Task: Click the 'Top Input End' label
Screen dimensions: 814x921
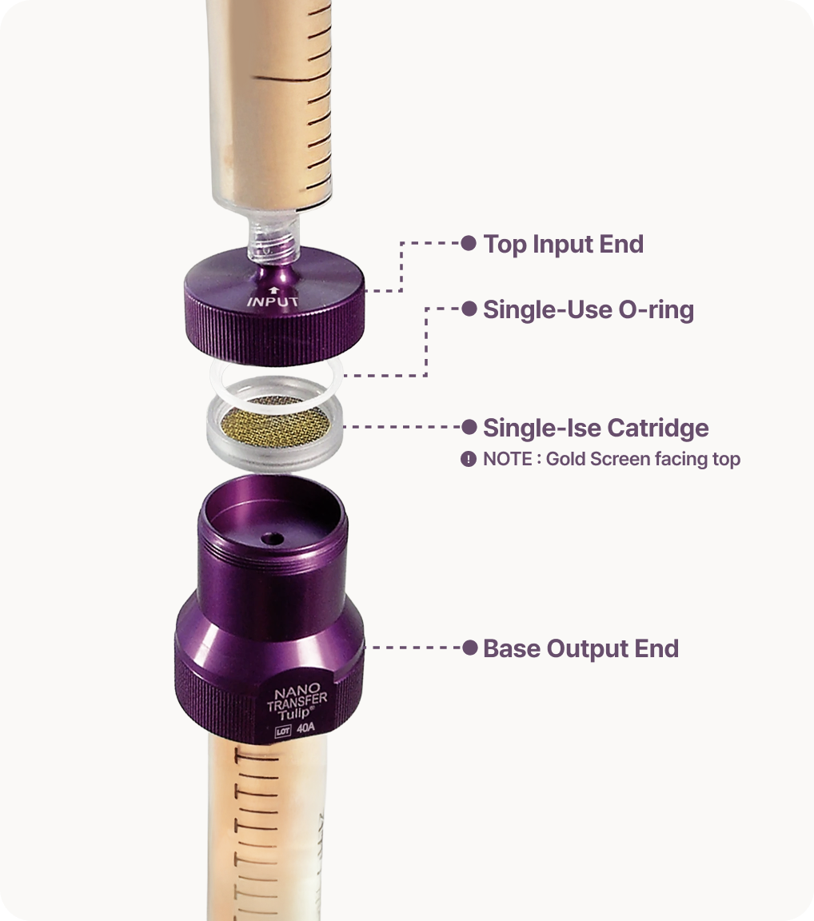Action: (x=563, y=245)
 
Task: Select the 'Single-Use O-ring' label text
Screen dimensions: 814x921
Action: (x=589, y=310)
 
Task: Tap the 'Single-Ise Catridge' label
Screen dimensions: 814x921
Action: (x=596, y=428)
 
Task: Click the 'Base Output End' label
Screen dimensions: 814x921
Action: (x=581, y=648)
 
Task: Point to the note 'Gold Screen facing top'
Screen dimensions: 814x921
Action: (x=643, y=459)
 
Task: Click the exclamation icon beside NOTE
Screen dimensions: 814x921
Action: (x=468, y=459)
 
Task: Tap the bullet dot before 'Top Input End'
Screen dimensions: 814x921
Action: (x=468, y=242)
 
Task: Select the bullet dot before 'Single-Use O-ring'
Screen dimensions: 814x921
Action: (x=469, y=309)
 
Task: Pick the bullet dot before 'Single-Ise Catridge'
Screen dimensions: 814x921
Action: (x=469, y=427)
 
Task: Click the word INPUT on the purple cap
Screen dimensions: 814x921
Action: (x=273, y=302)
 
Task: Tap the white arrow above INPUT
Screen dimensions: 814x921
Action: (x=272, y=290)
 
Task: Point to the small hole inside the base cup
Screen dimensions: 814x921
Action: (x=271, y=538)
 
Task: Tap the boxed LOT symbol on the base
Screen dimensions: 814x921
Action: (x=283, y=732)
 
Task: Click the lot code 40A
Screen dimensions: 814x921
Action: (x=305, y=728)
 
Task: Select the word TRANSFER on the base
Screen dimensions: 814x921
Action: (x=297, y=701)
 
